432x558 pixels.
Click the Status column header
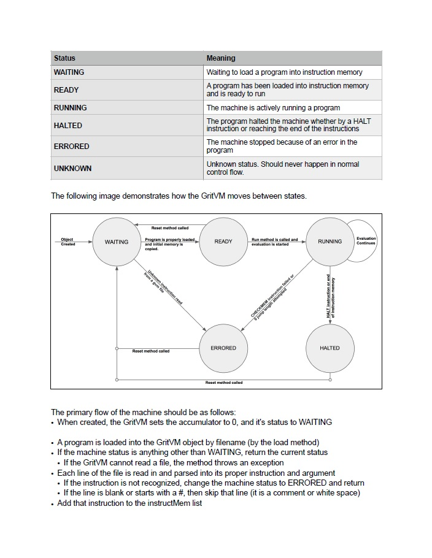64,58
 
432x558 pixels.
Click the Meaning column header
221,58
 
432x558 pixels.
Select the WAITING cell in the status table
69,72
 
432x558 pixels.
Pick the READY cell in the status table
66,90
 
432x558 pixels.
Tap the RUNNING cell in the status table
71,108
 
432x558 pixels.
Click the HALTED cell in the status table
67,125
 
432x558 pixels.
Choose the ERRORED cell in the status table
71,147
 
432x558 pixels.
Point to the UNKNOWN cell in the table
72,168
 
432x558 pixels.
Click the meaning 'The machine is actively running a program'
273,108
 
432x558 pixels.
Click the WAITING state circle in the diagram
117,242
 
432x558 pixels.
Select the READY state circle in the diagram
223,242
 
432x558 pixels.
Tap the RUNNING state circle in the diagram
330,242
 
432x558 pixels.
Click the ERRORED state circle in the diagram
223,348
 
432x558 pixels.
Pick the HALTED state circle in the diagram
330,348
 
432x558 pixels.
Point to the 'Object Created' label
67,242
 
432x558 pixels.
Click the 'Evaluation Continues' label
366,241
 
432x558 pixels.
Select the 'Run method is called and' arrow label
274,240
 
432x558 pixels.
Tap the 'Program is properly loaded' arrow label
170,240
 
